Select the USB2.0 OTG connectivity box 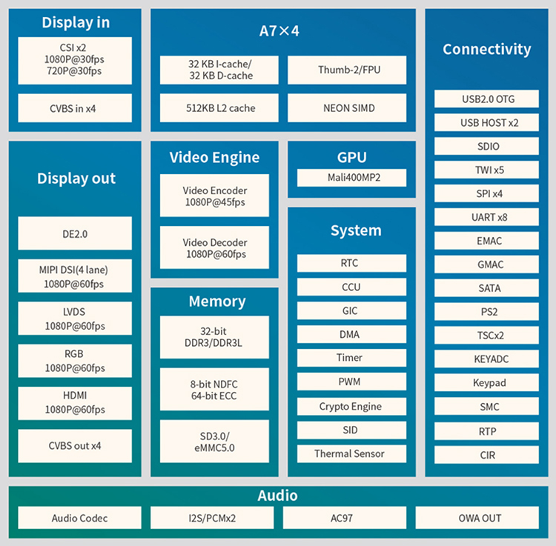(x=486, y=99)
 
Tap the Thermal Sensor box (x=351, y=453)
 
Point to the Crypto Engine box (x=351, y=407)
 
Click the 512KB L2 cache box (x=219, y=108)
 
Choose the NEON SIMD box (x=347, y=108)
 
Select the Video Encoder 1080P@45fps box (x=214, y=196)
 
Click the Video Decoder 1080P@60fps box (x=214, y=248)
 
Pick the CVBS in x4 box (x=75, y=108)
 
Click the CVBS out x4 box (x=75, y=446)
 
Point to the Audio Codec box (x=79, y=518)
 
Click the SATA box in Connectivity (x=486, y=288)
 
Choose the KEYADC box (x=486, y=359)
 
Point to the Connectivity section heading (x=486, y=50)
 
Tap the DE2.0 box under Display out (x=75, y=234)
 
